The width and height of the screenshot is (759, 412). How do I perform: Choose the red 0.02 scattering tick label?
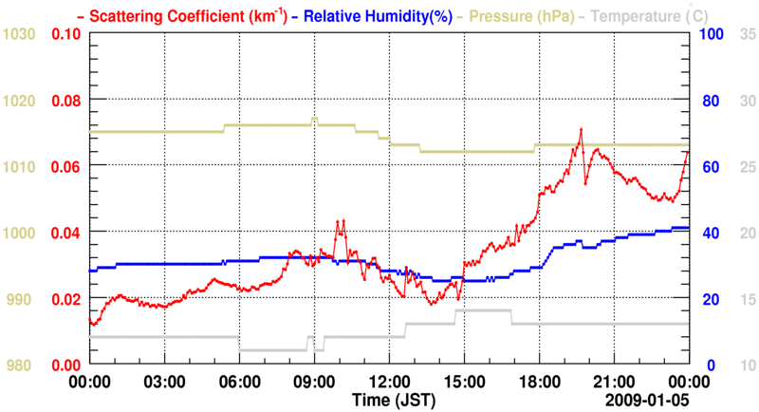[67, 299]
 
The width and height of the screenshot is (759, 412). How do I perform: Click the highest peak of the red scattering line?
[581, 129]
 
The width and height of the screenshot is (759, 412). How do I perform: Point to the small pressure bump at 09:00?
[315, 119]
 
